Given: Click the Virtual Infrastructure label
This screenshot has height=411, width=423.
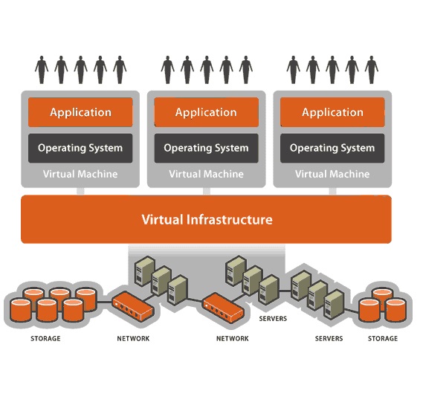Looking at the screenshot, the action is (x=207, y=219).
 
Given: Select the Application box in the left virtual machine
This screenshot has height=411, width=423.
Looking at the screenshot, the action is (x=80, y=112).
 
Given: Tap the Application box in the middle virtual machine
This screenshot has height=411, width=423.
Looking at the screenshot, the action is (x=207, y=112).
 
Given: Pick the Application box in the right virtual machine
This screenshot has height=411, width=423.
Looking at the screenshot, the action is (x=332, y=112).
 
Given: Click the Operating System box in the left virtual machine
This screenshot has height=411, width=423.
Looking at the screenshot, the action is (x=80, y=148).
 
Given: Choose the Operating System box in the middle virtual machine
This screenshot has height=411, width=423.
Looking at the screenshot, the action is (x=207, y=148).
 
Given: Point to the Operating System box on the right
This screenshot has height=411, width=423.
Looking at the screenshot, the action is (x=332, y=148).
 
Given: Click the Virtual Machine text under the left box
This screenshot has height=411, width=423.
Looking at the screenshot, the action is (x=80, y=174).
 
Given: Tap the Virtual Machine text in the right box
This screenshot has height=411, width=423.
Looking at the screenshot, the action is (x=332, y=174).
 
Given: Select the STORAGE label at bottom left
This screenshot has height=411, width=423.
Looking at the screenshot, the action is (x=45, y=338).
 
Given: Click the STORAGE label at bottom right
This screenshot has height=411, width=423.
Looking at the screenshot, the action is (x=383, y=338).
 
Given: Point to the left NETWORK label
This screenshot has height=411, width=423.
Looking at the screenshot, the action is (x=133, y=338).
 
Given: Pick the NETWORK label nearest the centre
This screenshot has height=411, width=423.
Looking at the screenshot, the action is (x=233, y=338).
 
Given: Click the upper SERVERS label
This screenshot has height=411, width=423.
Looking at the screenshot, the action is (x=273, y=319).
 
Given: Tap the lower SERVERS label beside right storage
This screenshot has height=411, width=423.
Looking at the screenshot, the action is (x=329, y=338).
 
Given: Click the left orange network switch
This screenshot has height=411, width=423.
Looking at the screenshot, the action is (x=133, y=306).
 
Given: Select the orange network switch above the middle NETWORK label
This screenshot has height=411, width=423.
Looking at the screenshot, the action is (x=223, y=308).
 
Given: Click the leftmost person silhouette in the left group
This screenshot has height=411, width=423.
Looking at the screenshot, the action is (x=42, y=70).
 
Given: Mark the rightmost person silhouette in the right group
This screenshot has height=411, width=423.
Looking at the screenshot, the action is (x=372, y=70).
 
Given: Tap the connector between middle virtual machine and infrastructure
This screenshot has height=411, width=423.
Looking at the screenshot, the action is (x=207, y=191).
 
